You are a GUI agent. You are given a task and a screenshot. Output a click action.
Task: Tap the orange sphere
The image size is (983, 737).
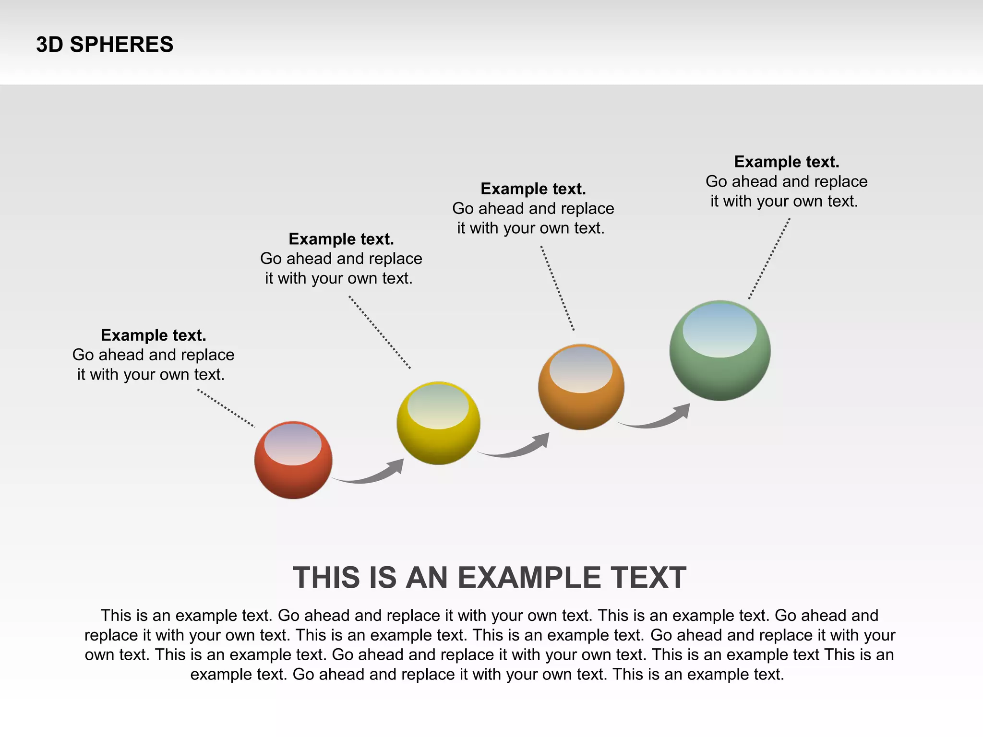581,403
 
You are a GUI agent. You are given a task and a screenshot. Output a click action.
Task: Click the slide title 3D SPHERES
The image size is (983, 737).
105,45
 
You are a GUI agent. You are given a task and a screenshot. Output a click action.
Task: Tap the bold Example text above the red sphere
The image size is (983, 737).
154,335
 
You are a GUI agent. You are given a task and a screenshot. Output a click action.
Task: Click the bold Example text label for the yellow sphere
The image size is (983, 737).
341,238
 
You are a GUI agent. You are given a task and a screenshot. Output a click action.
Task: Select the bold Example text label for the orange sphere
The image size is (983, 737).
533,189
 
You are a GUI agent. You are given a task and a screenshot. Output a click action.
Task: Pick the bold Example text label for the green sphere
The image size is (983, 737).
787,162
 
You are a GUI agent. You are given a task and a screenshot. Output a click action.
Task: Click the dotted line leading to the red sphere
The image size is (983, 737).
226,408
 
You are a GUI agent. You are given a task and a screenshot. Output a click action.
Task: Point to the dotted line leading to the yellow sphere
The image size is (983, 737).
380,333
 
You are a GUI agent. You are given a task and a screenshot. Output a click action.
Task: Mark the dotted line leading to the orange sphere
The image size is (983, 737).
557,288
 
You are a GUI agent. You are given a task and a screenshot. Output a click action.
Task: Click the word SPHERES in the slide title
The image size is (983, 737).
121,45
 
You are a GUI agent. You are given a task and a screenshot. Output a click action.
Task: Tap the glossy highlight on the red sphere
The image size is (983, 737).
293,444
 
